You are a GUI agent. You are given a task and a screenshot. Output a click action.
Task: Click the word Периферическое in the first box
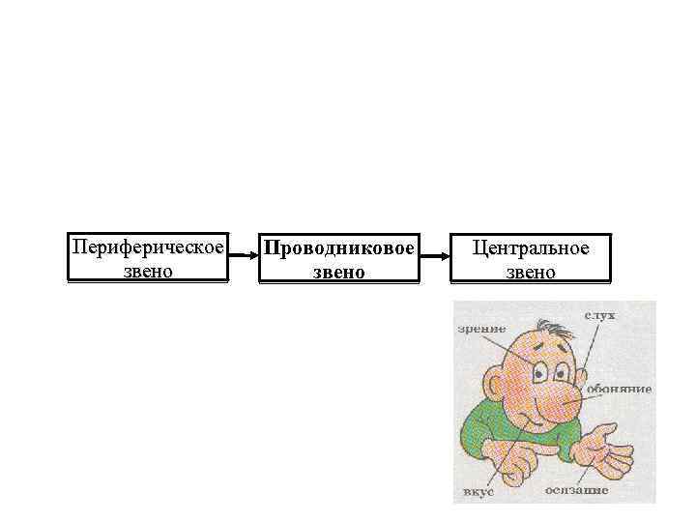[x=147, y=247]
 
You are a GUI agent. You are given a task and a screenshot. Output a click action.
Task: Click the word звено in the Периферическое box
[x=147, y=271]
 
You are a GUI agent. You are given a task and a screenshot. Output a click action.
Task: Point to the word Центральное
[x=531, y=248]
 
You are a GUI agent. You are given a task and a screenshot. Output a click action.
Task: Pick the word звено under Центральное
[x=531, y=272]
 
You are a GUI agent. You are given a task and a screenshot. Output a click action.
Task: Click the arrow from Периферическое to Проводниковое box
[x=243, y=257]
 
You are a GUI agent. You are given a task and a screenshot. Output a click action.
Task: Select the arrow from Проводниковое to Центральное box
[x=435, y=257]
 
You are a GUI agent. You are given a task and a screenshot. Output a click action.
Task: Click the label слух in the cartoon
[x=599, y=315]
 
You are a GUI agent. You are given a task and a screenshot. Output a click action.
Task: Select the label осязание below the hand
[x=577, y=491]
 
